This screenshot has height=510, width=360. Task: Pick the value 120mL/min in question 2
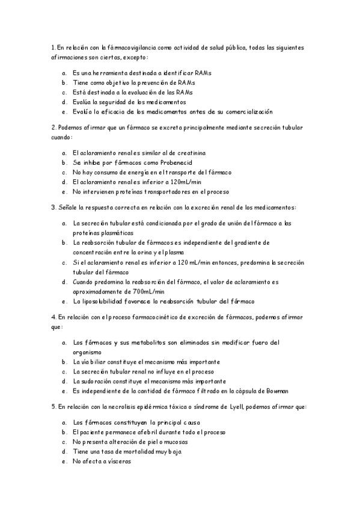(x=186, y=182)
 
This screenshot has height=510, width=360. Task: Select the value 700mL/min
(x=147, y=291)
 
